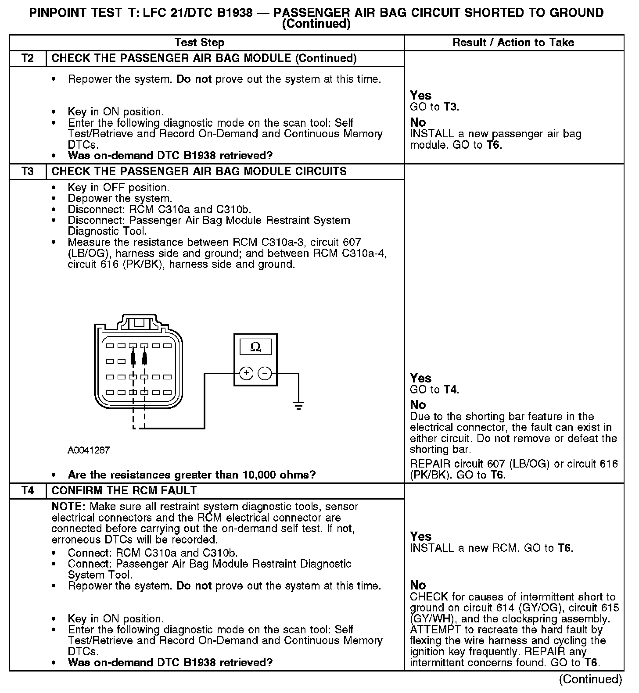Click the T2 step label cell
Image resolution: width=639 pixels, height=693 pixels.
[28, 58]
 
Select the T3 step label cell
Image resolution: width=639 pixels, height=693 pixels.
[28, 171]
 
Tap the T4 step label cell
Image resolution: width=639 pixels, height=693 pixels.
[28, 490]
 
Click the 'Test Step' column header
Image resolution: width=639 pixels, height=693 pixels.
[200, 43]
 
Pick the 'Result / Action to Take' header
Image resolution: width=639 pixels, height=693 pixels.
[513, 43]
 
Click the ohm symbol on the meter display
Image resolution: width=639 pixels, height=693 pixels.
[255, 347]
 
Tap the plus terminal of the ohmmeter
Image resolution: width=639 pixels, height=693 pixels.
[247, 373]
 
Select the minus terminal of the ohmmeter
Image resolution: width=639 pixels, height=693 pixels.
[265, 373]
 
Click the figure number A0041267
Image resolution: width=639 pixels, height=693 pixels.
[89, 450]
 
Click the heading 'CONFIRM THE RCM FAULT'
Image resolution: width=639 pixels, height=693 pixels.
[124, 490]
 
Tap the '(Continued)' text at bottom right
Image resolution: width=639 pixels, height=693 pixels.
[591, 679]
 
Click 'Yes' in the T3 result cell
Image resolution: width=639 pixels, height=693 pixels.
[420, 378]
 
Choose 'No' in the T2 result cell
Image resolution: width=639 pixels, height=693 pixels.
[418, 122]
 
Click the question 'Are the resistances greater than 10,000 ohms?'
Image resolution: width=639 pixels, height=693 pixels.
[192, 475]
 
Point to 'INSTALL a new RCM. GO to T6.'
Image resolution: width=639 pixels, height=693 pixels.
[492, 548]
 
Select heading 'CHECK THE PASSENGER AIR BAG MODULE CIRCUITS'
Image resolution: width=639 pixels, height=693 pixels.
[199, 171]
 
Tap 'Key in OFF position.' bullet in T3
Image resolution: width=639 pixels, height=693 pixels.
[118, 188]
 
